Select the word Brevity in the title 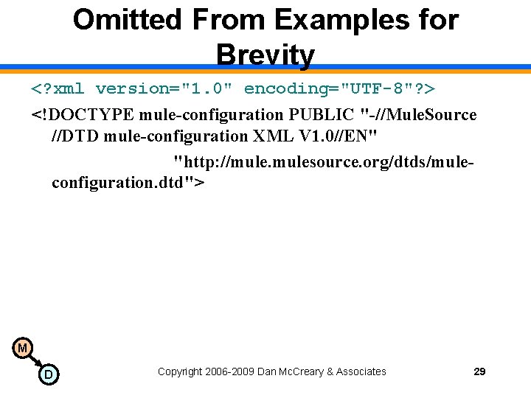click(265, 55)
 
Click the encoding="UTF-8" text click(330, 89)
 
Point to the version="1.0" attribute click(166, 89)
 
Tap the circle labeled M click(22, 347)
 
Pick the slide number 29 click(479, 371)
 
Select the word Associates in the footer click(361, 371)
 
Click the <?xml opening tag click(58, 89)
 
